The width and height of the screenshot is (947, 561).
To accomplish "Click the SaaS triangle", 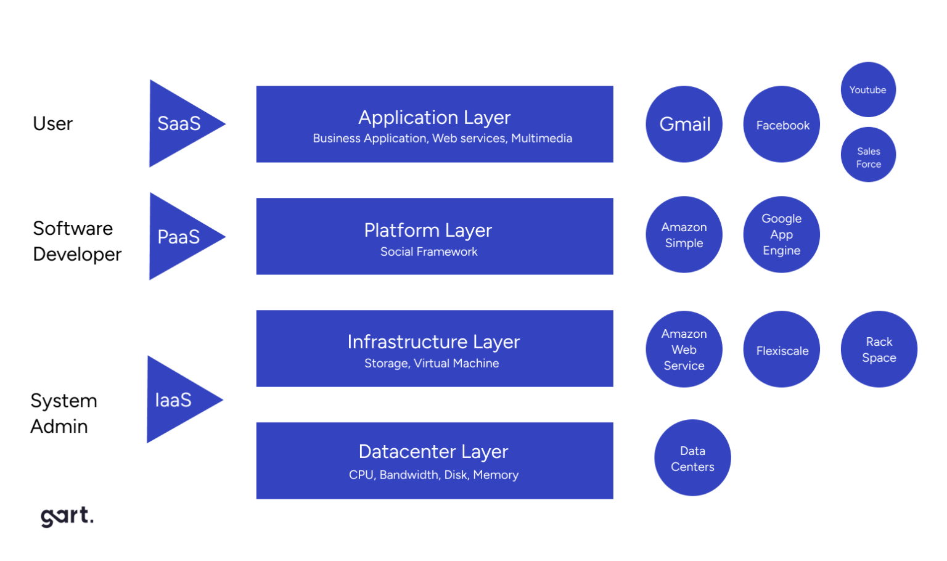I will (179, 123).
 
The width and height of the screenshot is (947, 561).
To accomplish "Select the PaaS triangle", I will (179, 237).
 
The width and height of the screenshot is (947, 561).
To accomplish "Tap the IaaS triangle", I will (176, 399).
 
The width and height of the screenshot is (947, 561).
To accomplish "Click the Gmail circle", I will (684, 124).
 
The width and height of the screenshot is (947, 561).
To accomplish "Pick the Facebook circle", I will (782, 124).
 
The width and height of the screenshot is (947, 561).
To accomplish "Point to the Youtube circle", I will (868, 89).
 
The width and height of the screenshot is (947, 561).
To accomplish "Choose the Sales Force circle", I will (868, 155).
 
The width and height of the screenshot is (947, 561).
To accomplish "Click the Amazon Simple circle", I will (684, 234).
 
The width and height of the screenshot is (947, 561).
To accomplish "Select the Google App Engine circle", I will (782, 234).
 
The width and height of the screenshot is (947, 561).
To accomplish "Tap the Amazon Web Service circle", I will (684, 349).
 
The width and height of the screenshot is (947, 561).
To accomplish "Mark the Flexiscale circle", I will (782, 349).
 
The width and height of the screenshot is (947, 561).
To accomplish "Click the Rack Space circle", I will (879, 349).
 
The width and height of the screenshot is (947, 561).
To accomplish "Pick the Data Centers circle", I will (692, 457).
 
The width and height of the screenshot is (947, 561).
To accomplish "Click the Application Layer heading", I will (435, 117).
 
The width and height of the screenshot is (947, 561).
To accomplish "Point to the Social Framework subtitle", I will (429, 252).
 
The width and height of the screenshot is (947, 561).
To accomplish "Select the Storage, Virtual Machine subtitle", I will (432, 363).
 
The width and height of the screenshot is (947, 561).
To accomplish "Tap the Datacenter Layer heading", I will (433, 451).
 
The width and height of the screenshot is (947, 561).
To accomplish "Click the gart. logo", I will (67, 516).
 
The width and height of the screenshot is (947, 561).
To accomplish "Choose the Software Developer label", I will (77, 241).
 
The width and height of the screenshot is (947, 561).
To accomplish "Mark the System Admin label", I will (64, 413).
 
